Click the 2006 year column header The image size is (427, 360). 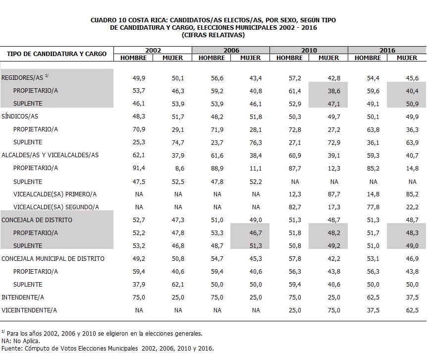pyautogui.click(x=231, y=50)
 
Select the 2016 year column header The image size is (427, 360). pyautogui.click(x=387, y=50)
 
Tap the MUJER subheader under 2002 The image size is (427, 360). pyautogui.click(x=173, y=58)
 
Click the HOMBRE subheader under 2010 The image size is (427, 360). pyautogui.click(x=289, y=58)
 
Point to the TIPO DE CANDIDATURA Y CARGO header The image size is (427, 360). pyautogui.click(x=56, y=54)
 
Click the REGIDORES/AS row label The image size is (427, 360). pyautogui.click(x=22, y=78)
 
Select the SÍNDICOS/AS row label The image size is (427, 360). pyautogui.click(x=20, y=117)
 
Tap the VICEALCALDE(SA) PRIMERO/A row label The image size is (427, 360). pyautogui.click(x=55, y=194)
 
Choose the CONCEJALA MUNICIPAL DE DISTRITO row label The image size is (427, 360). pyautogui.click(x=53, y=259)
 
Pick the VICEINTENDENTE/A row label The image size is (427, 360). pyautogui.click(x=29, y=310)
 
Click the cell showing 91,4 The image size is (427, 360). pyautogui.click(x=139, y=168)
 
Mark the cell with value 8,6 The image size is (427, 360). pyautogui.click(x=180, y=169)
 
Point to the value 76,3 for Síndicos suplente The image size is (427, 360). pyautogui.click(x=256, y=142)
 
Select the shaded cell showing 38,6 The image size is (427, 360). pyautogui.click(x=334, y=91)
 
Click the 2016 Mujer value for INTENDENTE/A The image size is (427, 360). pyautogui.click(x=412, y=298)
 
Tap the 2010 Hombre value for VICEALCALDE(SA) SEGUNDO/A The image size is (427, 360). pyautogui.click(x=295, y=207)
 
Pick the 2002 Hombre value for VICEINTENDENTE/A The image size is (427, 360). pyautogui.click(x=139, y=310)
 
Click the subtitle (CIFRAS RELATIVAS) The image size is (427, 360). pyautogui.click(x=213, y=35)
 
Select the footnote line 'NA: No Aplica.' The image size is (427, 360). pyautogui.click(x=21, y=341)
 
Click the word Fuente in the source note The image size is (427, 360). pyautogui.click(x=12, y=348)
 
